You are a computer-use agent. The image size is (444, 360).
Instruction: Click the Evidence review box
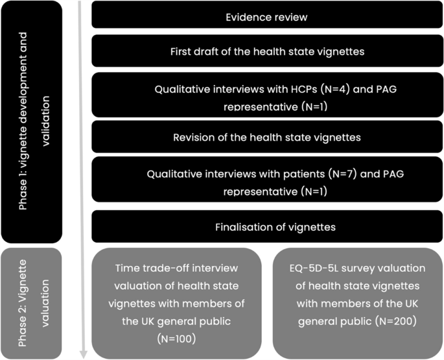pyautogui.click(x=266, y=17)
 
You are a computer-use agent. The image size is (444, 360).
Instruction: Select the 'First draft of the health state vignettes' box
pyautogui.click(x=266, y=51)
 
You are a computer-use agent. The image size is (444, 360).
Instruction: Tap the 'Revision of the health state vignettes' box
pyautogui.click(x=266, y=138)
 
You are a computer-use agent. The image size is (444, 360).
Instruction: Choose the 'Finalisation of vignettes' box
pyautogui.click(x=266, y=226)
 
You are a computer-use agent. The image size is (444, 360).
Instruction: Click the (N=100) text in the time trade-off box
pyautogui.click(x=176, y=338)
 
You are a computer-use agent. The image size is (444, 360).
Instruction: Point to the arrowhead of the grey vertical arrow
pyautogui.click(x=82, y=354)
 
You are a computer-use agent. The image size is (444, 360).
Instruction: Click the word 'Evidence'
pyautogui.click(x=246, y=17)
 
